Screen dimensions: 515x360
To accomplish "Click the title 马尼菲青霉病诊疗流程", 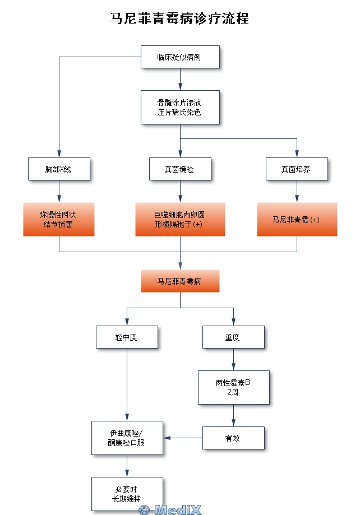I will [179, 18].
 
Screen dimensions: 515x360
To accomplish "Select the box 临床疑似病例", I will [179, 57].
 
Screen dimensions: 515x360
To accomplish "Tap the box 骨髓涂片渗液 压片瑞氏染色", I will [179, 107].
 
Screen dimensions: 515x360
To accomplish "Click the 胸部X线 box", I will [58, 169].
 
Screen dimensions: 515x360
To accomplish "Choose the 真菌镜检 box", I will [179, 169].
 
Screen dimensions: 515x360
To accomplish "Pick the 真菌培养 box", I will [296, 169].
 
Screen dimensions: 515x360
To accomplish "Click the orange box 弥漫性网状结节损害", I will [58, 219].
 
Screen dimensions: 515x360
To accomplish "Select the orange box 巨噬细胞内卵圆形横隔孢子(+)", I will [179, 219].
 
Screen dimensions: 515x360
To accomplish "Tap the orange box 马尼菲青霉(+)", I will [297, 219].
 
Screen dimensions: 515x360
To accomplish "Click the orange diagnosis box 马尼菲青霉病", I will [179, 281].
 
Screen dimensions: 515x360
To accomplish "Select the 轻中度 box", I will [127, 337].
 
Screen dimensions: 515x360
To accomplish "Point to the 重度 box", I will [233, 337].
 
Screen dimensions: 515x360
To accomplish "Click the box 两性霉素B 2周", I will [233, 387].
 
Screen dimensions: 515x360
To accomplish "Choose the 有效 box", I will [233, 438].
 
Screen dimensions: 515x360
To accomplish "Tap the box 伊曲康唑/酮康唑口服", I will [127, 438].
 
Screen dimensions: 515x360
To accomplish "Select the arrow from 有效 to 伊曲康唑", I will [182, 438].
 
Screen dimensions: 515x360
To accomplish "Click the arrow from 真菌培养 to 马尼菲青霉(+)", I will [297, 191].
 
